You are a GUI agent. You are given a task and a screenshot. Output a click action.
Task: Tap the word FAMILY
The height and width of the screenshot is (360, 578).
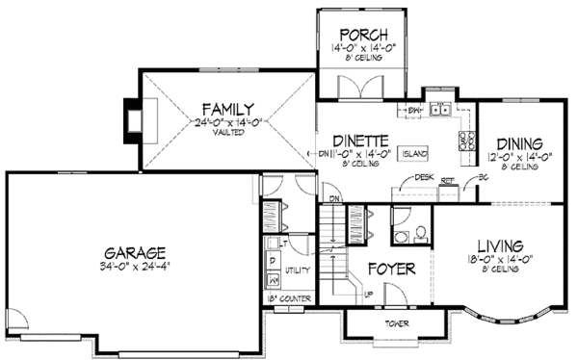pos(227,108)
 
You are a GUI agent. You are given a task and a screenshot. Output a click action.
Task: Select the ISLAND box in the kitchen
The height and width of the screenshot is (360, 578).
pos(416,153)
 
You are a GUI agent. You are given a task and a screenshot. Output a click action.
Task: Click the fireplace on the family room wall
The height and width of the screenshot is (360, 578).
pos(132,120)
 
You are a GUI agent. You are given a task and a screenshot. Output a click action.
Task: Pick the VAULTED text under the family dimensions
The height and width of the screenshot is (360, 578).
pos(227,136)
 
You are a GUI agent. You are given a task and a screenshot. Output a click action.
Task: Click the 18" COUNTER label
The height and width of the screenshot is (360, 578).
pos(289,299)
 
